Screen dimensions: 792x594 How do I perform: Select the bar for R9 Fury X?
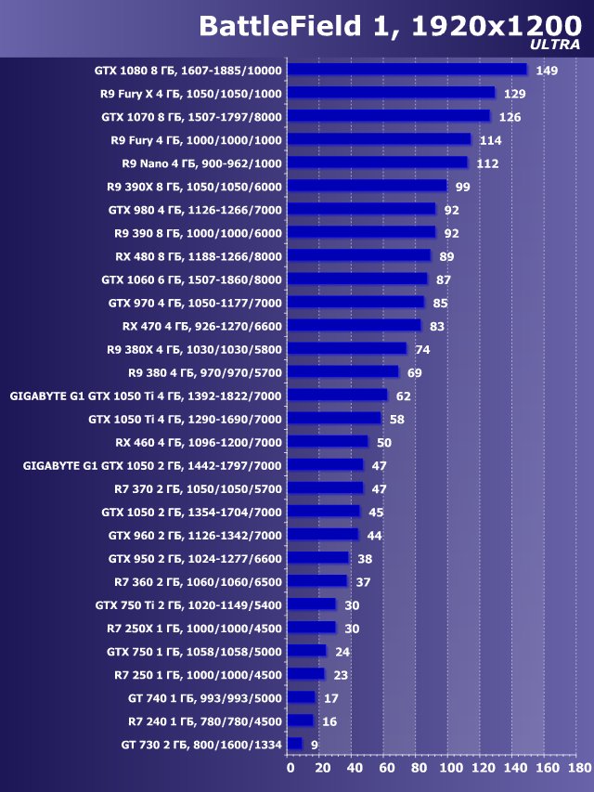[391, 93]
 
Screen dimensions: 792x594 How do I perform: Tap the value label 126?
[510, 117]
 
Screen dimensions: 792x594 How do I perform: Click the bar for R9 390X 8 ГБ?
[367, 187]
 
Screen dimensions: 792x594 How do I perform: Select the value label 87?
[443, 279]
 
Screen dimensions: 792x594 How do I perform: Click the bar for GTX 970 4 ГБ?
[355, 303]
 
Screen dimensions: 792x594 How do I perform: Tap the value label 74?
[422, 349]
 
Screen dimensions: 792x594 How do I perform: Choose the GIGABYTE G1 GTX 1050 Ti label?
[146, 396]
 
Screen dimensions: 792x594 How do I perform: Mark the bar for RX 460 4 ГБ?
[328, 442]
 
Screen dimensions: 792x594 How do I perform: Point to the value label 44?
[374, 536]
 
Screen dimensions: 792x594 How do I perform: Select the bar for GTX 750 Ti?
[311, 604]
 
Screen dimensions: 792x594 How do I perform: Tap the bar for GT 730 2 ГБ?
[294, 744]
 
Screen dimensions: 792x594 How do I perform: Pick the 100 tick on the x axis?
[450, 768]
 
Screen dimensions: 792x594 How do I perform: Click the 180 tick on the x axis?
[578, 768]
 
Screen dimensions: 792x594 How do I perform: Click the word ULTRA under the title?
[556, 45]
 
